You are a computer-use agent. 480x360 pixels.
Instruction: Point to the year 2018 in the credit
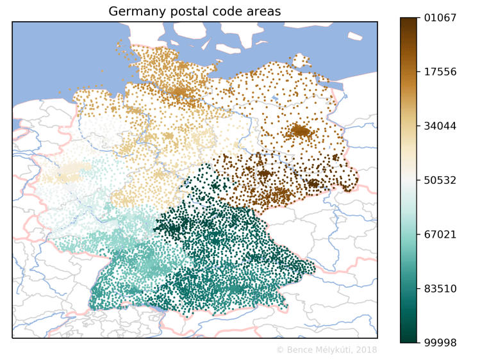pyautogui.click(x=366, y=350)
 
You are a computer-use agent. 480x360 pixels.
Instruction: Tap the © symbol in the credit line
pyautogui.click(x=279, y=350)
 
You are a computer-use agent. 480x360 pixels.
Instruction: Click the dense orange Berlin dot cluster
pyautogui.click(x=300, y=131)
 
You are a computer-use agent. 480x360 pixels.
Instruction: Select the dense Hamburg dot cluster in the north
pyautogui.click(x=181, y=92)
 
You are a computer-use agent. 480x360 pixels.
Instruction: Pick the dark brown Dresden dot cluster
pyautogui.click(x=313, y=184)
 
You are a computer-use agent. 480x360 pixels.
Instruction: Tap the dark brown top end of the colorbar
pyautogui.click(x=409, y=22)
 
